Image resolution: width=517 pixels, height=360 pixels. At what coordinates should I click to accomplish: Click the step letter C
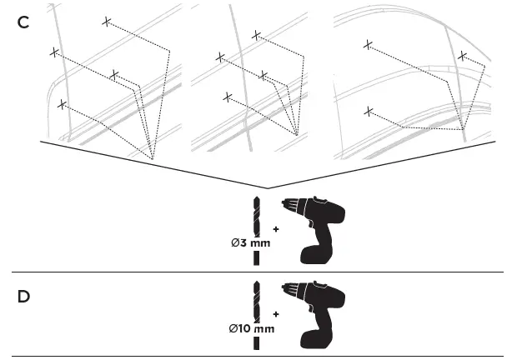(23, 22)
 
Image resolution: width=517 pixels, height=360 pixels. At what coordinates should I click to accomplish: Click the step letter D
(23, 296)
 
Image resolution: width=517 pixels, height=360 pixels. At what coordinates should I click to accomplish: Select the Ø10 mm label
(250, 328)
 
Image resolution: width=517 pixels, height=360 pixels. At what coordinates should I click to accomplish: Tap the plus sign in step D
(275, 314)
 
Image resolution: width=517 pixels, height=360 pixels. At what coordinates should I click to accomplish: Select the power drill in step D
(314, 313)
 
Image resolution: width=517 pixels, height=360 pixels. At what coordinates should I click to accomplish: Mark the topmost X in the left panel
(106, 21)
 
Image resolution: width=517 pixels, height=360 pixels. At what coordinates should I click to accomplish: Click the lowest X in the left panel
(61, 104)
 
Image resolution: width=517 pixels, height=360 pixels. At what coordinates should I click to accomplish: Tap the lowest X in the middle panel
(228, 97)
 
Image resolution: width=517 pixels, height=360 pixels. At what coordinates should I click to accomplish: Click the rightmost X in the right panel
(462, 56)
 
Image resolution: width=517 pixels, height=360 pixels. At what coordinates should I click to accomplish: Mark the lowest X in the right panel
(368, 110)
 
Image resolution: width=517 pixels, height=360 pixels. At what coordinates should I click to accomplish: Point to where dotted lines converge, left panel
(152, 158)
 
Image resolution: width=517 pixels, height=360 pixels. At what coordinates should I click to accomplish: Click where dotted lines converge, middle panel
(297, 133)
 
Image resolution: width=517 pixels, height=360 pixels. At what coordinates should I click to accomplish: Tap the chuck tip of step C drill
(286, 203)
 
